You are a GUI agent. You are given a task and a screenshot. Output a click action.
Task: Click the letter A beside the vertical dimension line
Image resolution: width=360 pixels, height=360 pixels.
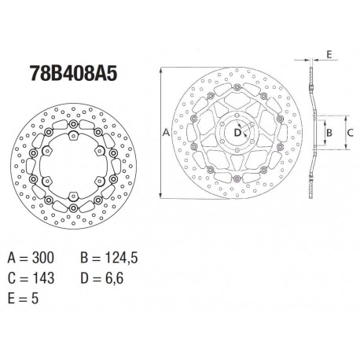coord(165,134)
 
